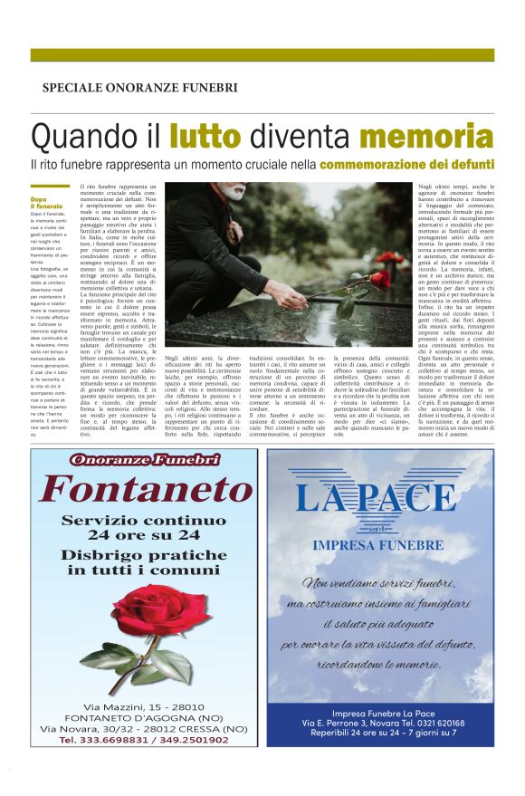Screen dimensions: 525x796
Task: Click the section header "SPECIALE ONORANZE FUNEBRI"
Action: tap(140, 88)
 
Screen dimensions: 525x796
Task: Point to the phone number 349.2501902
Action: tap(196, 740)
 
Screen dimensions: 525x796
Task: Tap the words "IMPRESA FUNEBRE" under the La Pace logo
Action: tap(377, 546)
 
